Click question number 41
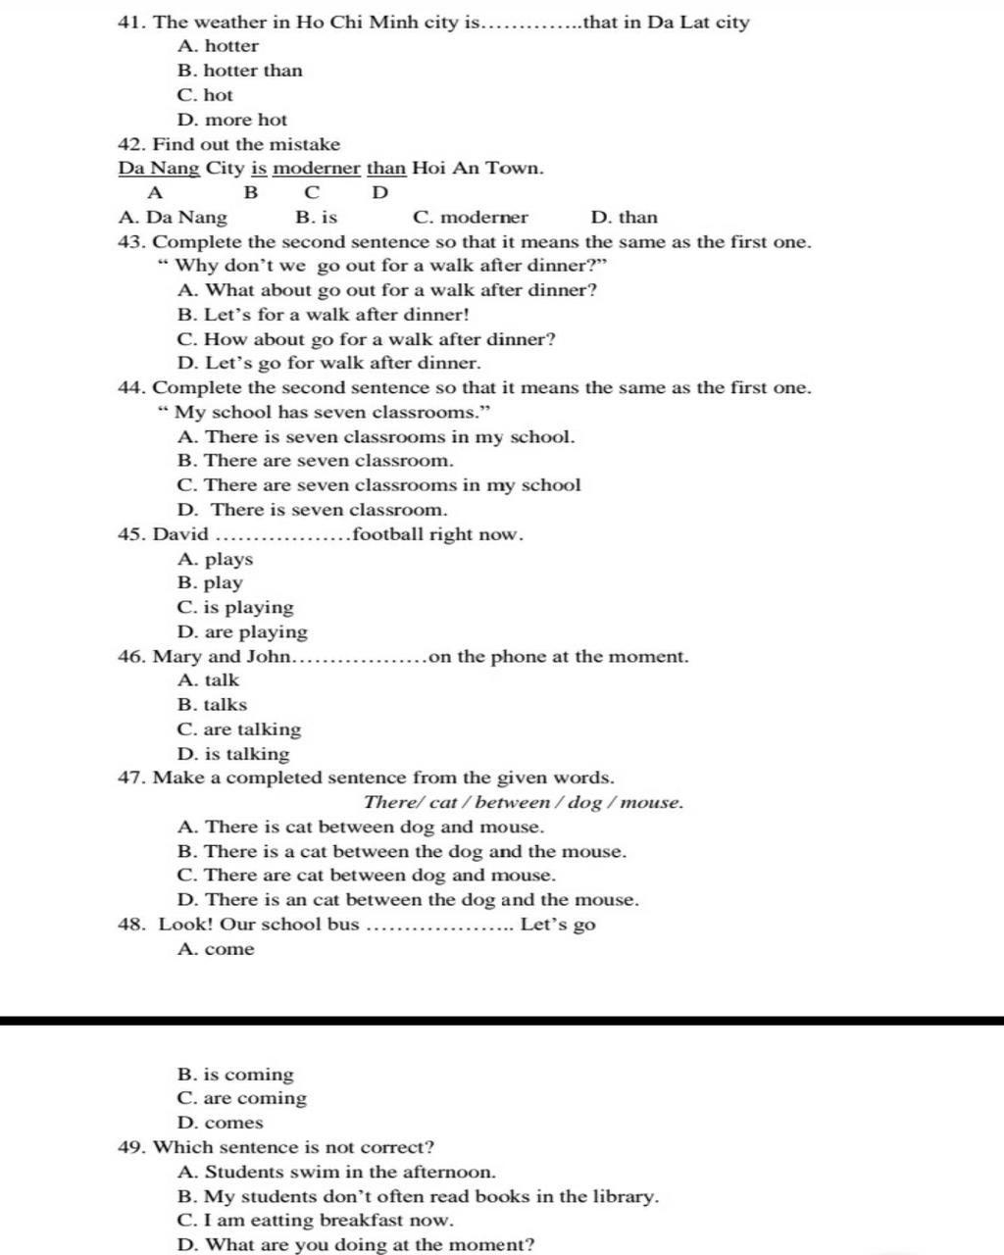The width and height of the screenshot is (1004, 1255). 131,22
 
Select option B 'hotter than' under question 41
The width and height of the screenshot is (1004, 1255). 240,71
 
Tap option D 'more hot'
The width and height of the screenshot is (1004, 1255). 232,120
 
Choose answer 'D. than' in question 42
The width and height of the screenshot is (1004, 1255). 625,218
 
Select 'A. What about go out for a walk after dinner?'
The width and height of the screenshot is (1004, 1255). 387,290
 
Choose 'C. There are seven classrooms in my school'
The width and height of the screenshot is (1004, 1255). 379,485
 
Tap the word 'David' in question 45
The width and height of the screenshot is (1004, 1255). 180,534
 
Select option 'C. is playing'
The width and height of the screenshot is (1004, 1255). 235,608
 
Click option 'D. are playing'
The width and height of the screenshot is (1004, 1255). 242,632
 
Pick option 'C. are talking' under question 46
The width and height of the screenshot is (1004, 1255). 239,729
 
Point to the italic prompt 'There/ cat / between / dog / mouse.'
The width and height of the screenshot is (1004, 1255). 524,803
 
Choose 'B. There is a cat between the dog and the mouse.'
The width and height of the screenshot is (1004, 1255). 402,852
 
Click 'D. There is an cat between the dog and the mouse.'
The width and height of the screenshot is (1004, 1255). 408,900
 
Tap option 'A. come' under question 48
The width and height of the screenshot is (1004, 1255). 217,949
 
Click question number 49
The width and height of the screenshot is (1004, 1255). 131,1147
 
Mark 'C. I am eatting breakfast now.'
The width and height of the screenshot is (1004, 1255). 316,1221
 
